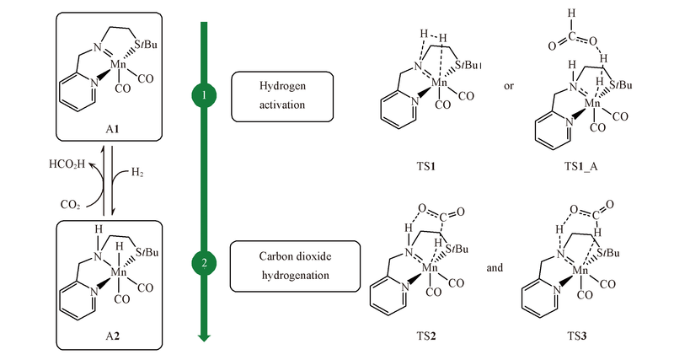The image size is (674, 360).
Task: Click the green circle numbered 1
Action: click(203, 96)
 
